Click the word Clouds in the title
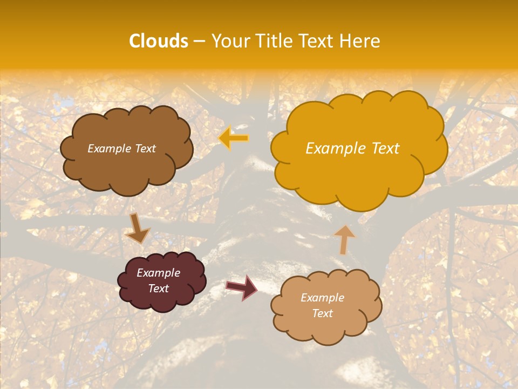click(159, 41)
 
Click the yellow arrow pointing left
click(234, 138)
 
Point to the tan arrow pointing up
click(344, 239)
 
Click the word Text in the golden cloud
click(385, 149)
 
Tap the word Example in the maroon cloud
click(158, 273)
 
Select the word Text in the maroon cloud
click(159, 289)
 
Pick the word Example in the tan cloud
click(322, 298)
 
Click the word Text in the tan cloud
click(323, 313)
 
